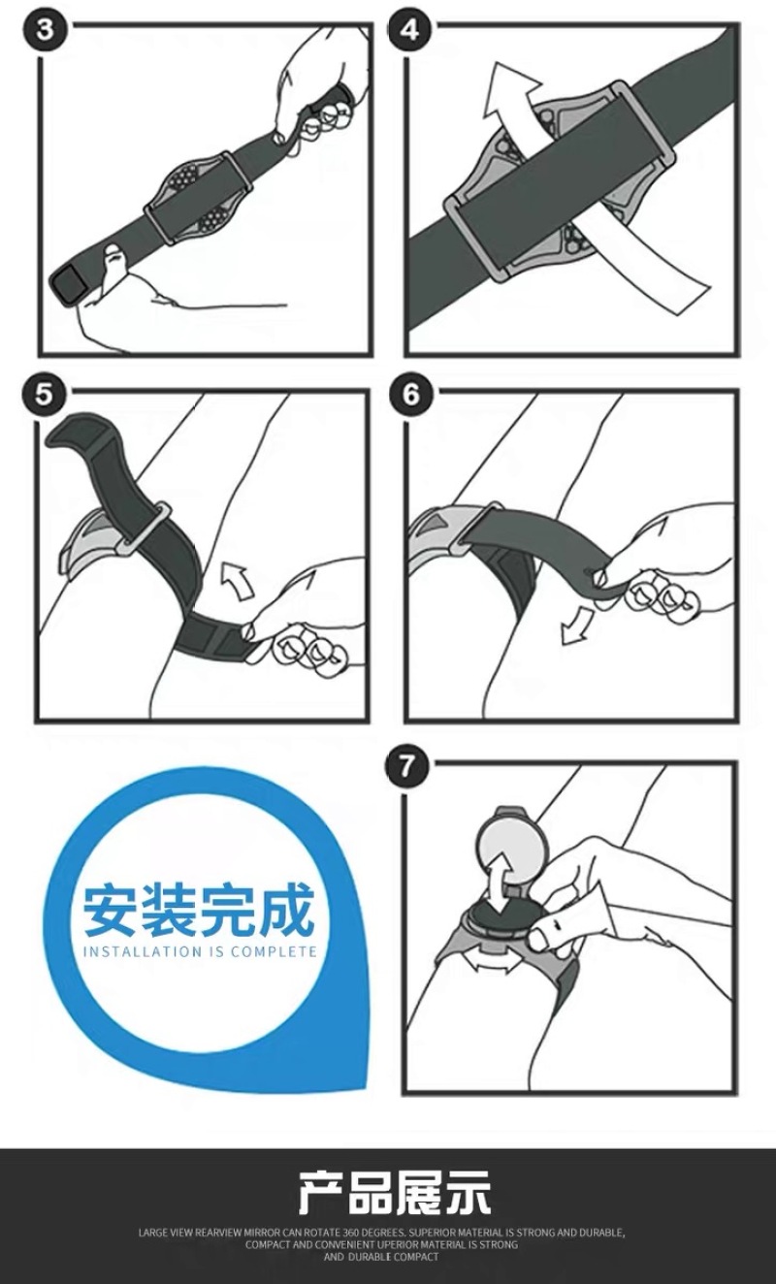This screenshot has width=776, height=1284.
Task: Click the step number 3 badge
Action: click(x=45, y=30)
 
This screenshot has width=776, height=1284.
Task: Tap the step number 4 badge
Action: click(x=409, y=30)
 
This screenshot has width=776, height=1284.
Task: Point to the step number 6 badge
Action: click(x=409, y=395)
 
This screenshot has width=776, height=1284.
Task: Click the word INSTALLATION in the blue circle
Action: click(x=143, y=952)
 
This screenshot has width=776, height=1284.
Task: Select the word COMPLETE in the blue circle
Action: click(x=274, y=952)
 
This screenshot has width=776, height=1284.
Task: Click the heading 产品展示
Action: click(x=395, y=1191)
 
